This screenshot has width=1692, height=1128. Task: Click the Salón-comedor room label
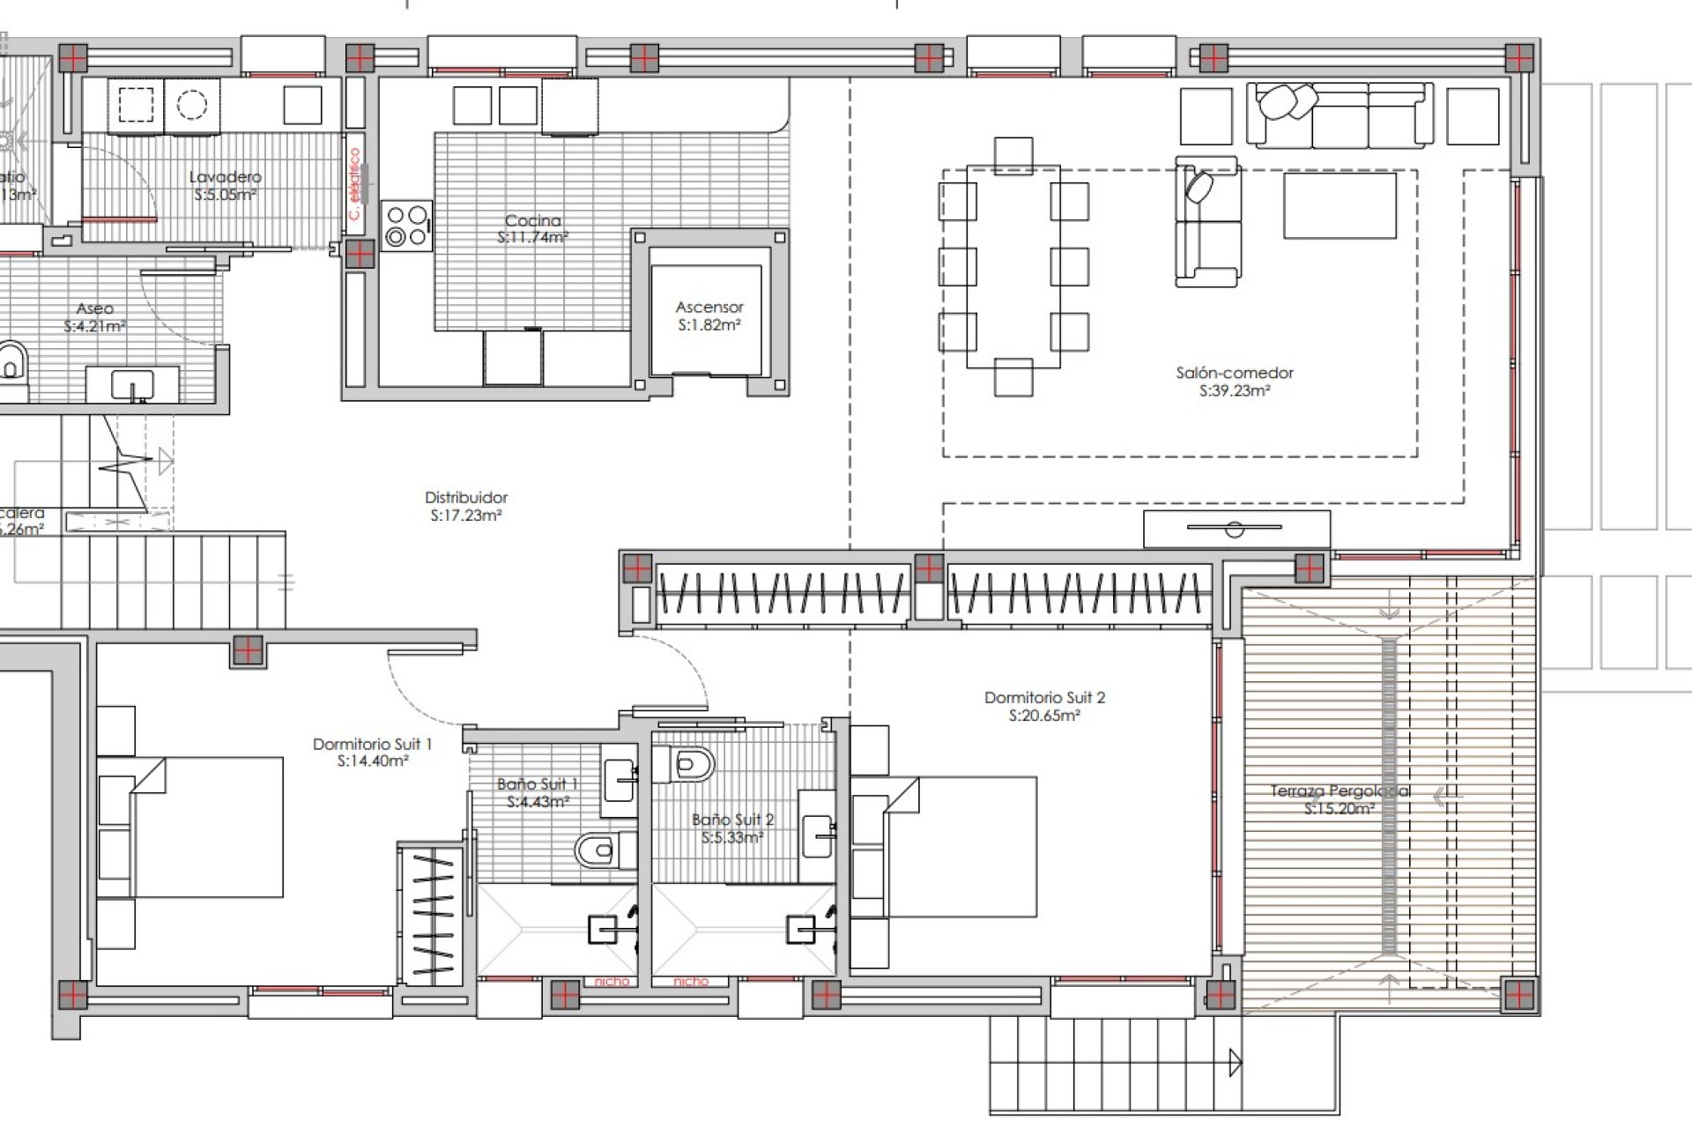point(1234,373)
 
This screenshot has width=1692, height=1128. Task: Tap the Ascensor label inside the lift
point(709,308)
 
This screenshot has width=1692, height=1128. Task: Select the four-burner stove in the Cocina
point(406,226)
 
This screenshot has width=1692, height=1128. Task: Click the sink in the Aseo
point(132,385)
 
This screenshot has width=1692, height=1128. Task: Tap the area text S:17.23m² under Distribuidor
point(466,516)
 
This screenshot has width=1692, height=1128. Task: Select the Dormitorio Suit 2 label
point(1044,698)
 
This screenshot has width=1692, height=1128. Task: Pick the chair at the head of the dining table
point(1013,155)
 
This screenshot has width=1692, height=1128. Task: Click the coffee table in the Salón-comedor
point(1339,205)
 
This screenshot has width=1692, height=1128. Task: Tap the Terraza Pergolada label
point(1339,791)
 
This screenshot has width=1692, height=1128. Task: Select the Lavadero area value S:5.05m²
point(225,195)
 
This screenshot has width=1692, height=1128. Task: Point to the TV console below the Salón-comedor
point(1236,529)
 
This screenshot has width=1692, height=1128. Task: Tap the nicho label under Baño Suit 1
point(611,981)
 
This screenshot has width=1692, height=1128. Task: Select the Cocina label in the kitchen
point(532,220)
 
